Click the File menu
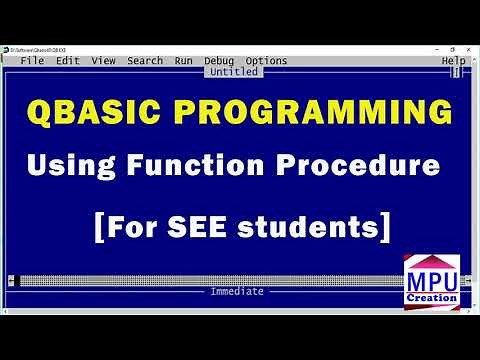pos(32,61)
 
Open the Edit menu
pos(68,61)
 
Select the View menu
pos(104,61)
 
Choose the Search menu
pos(145,61)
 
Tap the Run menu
pos(183,61)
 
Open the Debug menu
pos(219,61)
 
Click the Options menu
pos(266,61)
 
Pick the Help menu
pos(453,61)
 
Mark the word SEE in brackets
pos(211,226)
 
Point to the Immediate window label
pos(237,291)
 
